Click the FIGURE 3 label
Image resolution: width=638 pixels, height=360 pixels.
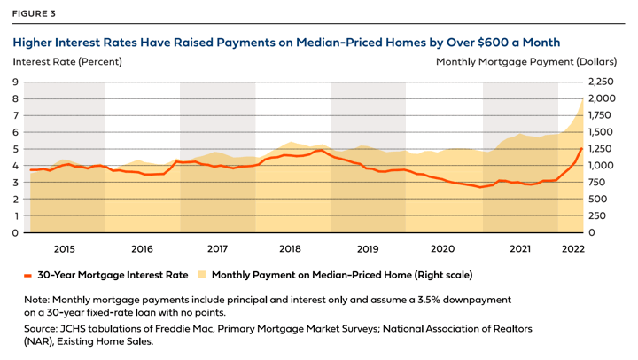[34, 12]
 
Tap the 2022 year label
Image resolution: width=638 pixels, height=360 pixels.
[572, 249]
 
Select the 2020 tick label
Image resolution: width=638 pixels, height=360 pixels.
[441, 249]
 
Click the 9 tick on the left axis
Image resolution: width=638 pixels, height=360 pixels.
[15, 82]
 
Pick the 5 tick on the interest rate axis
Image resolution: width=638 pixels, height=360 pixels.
[15, 149]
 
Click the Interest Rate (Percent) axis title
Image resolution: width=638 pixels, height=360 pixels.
[67, 62]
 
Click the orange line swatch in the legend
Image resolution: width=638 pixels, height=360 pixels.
[29, 275]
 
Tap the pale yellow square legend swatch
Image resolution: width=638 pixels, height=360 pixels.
[201, 275]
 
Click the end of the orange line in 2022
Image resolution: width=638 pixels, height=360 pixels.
[581, 149]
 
